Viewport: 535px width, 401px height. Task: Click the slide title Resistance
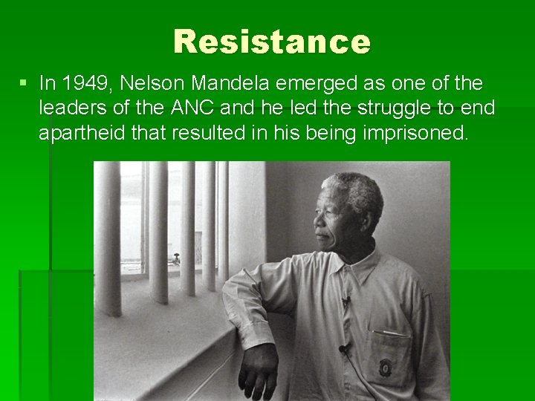point(271,42)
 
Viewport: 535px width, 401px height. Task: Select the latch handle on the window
point(176,259)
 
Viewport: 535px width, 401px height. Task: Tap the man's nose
point(319,223)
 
